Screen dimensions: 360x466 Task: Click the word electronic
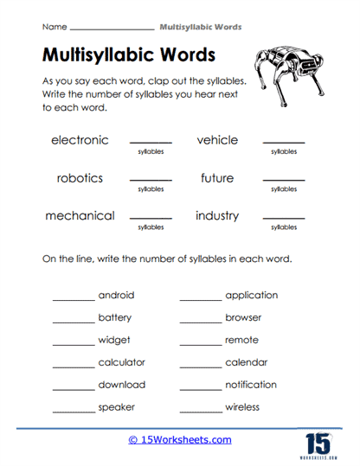(x=80, y=140)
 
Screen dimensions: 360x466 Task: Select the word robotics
(x=80, y=178)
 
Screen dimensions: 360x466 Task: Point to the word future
(x=216, y=178)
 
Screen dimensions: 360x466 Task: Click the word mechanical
(x=80, y=216)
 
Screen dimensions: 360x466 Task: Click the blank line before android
(x=74, y=299)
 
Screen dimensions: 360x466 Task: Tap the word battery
(x=115, y=317)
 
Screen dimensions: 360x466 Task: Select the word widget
(x=113, y=340)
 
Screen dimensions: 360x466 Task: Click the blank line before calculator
(x=74, y=367)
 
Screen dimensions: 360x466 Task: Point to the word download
(x=121, y=385)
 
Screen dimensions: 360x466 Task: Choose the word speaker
(x=116, y=407)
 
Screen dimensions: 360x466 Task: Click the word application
(x=251, y=295)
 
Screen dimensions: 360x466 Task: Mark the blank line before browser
(x=201, y=322)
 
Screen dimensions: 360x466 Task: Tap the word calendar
(x=246, y=362)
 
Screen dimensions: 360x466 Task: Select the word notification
(x=251, y=385)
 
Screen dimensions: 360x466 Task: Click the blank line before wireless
(x=201, y=412)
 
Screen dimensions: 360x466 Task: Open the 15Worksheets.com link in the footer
(x=180, y=440)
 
